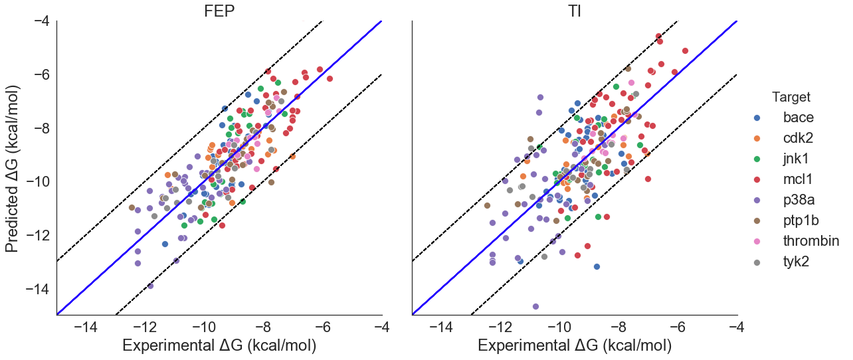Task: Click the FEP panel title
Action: [219, 11]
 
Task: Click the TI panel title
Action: [575, 11]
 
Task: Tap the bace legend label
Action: [807, 118]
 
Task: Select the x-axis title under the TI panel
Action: [575, 345]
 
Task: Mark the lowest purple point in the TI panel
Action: [535, 306]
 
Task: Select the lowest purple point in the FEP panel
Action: [150, 286]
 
